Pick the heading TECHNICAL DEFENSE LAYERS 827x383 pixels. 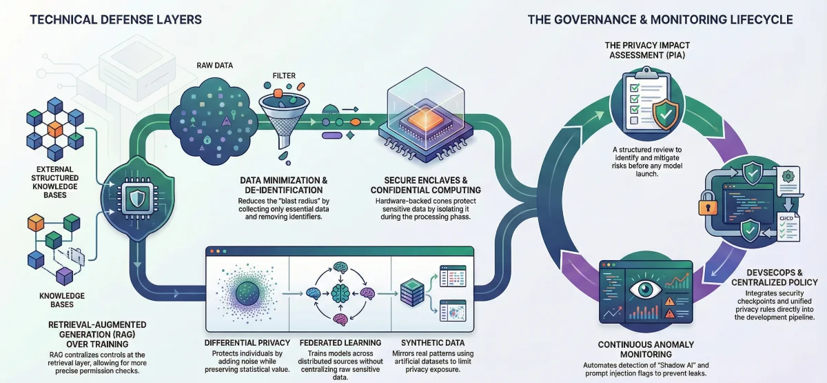[x=116, y=19]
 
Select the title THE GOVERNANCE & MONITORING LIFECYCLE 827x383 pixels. [x=660, y=19]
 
